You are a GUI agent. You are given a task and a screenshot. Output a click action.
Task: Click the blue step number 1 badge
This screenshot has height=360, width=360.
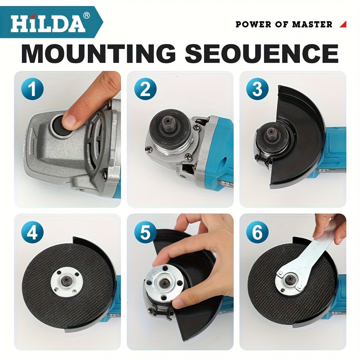[x=32, y=89]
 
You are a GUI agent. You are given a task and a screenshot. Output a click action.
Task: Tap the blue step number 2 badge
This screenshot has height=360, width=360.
[x=145, y=89]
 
